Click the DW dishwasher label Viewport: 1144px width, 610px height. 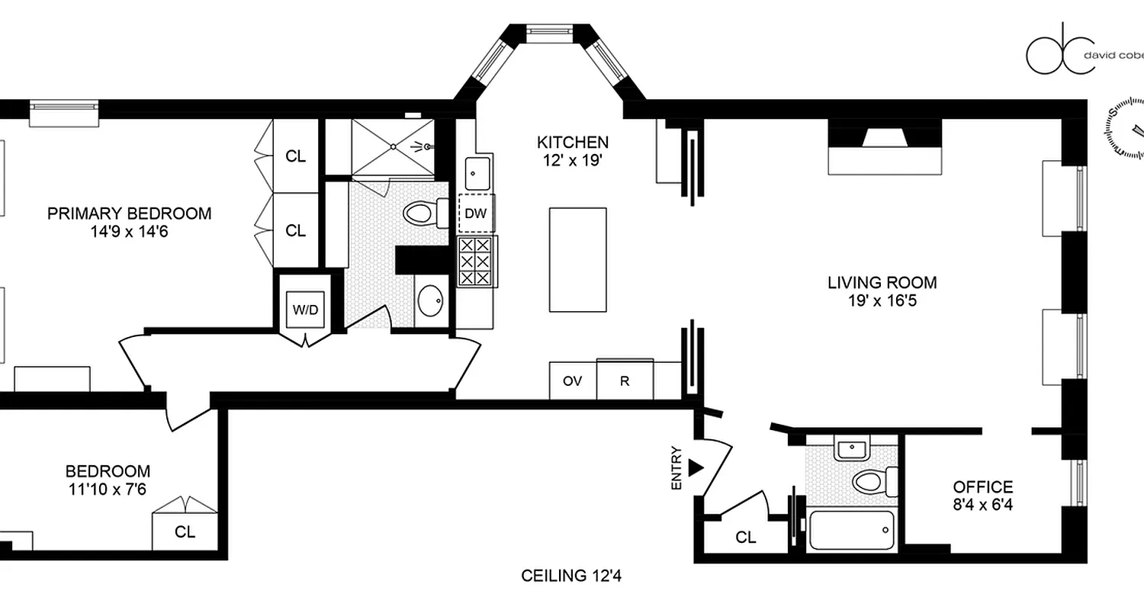(476, 214)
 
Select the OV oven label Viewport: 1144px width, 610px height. (573, 381)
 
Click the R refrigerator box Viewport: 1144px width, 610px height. (625, 381)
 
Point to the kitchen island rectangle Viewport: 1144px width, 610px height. (578, 260)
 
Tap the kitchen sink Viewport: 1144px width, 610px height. (477, 174)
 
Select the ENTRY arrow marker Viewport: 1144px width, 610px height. (694, 467)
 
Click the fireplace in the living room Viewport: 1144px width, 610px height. (884, 147)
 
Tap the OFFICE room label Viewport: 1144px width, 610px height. (982, 487)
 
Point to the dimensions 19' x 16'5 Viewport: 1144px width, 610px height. (882, 300)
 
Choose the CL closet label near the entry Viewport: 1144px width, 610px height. (746, 538)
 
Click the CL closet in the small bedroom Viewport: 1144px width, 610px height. (185, 532)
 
